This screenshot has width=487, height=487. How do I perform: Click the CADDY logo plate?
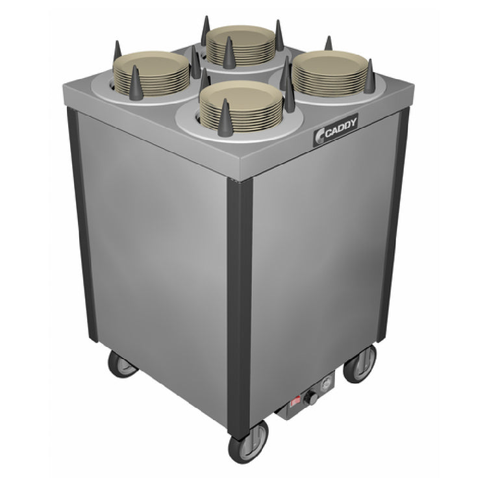pyautogui.click(x=336, y=130)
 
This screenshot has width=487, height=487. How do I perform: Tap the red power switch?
pyautogui.click(x=295, y=403)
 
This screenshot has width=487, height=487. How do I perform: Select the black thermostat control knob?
pyautogui.click(x=310, y=397)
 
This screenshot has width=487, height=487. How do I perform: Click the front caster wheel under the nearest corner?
pyautogui.click(x=248, y=443)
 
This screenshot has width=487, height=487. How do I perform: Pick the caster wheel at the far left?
pyautogui.click(x=122, y=364)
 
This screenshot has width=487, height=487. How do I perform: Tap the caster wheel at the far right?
pyautogui.click(x=360, y=364)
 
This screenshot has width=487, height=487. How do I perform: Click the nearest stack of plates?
pyautogui.click(x=241, y=106)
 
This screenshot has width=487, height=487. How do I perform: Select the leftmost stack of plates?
pyautogui.click(x=151, y=73)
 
